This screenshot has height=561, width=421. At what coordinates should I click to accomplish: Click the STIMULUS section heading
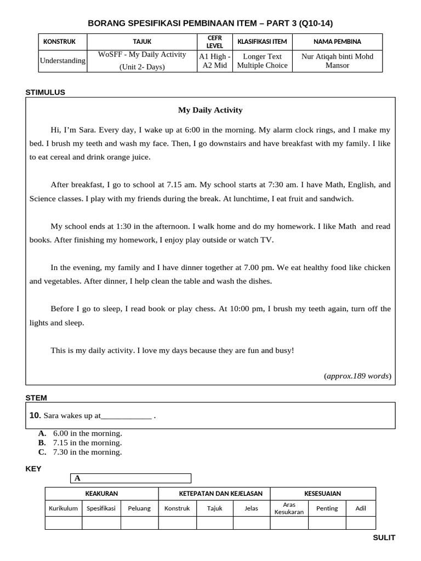click(45, 92)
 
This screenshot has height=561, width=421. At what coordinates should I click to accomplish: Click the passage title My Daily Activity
click(210, 110)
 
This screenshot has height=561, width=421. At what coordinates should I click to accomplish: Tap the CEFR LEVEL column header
click(214, 42)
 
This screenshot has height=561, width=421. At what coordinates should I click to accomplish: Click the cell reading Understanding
click(62, 61)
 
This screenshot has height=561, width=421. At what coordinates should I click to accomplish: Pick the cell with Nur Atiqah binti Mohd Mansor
click(337, 61)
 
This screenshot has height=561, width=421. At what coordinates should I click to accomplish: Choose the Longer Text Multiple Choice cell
click(262, 61)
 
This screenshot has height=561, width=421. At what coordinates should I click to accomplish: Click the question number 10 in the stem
click(35, 416)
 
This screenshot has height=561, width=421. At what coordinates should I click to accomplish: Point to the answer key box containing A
click(130, 478)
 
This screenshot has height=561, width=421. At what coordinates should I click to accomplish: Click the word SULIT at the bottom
click(384, 537)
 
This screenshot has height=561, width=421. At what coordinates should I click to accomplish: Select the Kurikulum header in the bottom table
click(63, 508)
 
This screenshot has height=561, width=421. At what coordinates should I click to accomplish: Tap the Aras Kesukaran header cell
click(289, 508)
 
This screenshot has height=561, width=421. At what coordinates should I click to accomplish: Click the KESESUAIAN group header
click(322, 494)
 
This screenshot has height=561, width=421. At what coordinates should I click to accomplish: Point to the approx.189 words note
click(357, 376)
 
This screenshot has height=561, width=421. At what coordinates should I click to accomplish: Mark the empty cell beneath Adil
click(361, 523)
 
